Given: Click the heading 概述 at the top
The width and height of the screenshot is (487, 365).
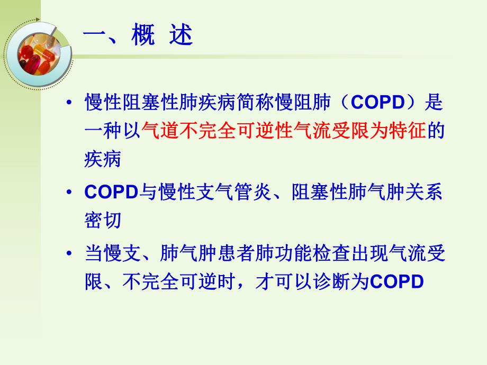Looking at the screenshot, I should tap(138, 38).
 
